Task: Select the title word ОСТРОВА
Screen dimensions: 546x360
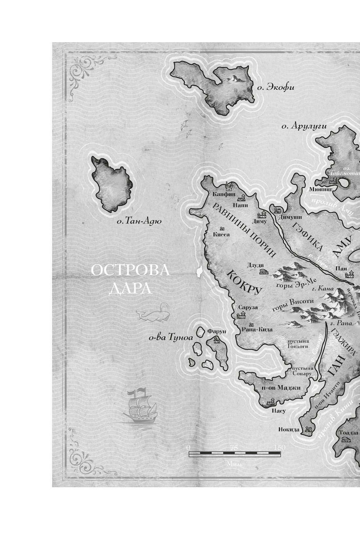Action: (130, 272)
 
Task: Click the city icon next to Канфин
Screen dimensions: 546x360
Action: (228, 187)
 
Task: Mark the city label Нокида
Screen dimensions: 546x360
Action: (289, 430)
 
